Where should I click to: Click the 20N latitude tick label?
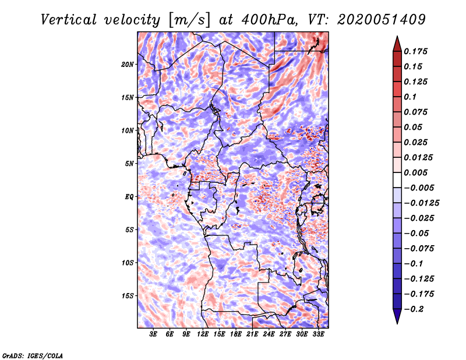click(128, 64)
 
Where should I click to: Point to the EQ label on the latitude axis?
click(129, 197)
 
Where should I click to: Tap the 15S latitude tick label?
click(128, 296)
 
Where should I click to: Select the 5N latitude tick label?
click(129, 164)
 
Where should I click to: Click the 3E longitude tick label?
click(154, 335)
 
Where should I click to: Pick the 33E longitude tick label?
click(318, 335)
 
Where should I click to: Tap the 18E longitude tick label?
click(236, 335)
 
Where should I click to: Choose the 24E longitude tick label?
click(269, 335)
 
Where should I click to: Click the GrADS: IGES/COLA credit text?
click(33, 355)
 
